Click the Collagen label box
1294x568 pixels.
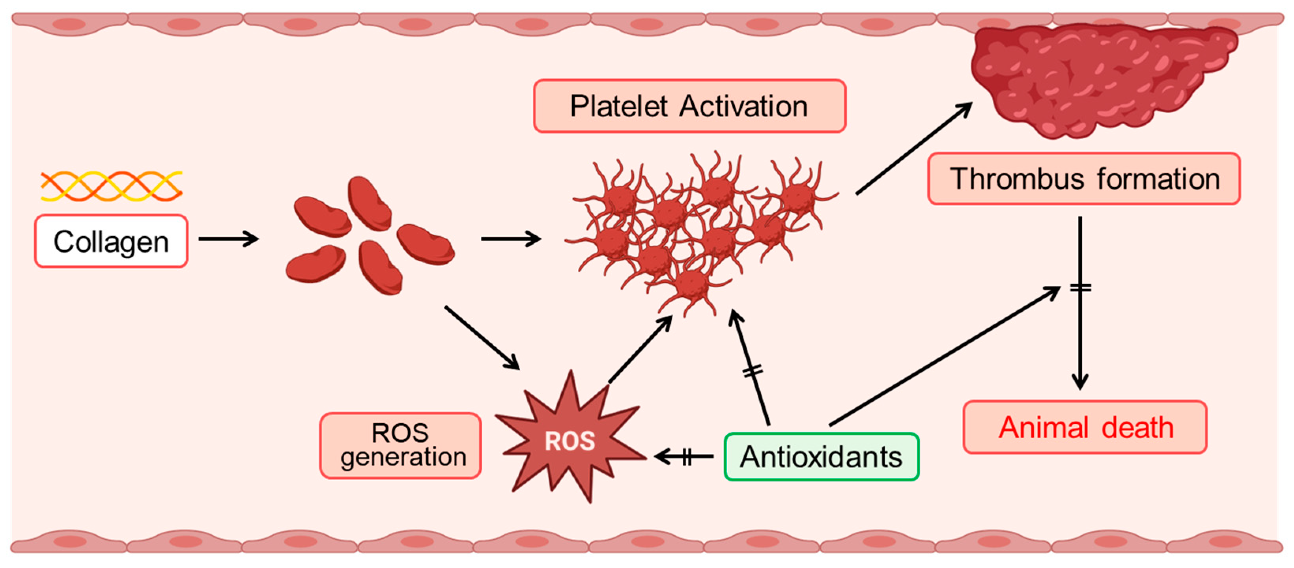pyautogui.click(x=111, y=242)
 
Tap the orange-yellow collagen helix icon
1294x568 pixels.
pyautogui.click(x=112, y=186)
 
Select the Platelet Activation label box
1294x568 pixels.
pyautogui.click(x=689, y=106)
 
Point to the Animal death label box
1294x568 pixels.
pyautogui.click(x=1085, y=427)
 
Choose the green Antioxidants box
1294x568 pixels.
pyautogui.click(x=821, y=457)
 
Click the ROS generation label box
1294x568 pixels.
pyautogui.click(x=400, y=445)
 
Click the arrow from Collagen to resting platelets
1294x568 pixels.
pyautogui.click(x=229, y=238)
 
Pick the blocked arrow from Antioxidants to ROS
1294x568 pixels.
pyautogui.click(x=684, y=456)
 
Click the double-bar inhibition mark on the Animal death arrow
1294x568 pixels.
pyautogui.click(x=1080, y=288)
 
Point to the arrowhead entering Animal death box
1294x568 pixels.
pyautogui.click(x=1080, y=383)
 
